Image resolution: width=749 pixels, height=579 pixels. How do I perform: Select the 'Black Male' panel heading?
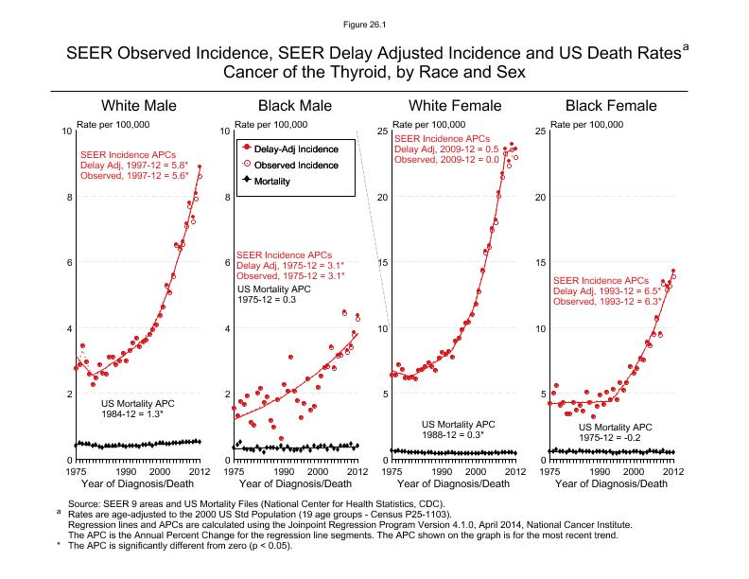295,106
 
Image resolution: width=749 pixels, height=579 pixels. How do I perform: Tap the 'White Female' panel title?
453,106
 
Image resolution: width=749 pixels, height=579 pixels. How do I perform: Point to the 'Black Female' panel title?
610,106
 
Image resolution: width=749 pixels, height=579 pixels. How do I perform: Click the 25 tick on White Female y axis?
382,131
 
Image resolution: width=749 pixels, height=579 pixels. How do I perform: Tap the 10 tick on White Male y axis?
66,131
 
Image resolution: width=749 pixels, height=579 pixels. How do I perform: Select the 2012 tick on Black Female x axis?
673,471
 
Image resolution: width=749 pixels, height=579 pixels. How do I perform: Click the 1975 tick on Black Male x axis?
233,471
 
